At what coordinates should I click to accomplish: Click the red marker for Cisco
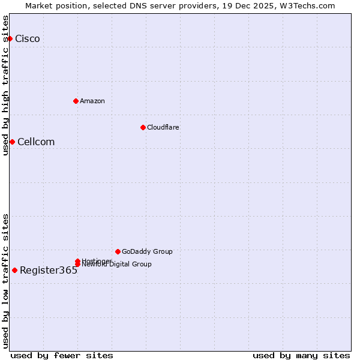click(x=10, y=38)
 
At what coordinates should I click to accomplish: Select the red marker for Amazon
click(x=76, y=101)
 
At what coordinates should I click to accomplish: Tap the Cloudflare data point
click(x=143, y=127)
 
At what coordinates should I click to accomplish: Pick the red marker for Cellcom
click(x=12, y=142)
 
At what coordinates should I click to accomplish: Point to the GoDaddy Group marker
click(x=118, y=251)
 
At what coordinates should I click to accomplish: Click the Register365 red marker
click(x=14, y=270)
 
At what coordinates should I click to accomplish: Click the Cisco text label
click(x=28, y=39)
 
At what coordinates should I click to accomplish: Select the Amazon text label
click(x=92, y=101)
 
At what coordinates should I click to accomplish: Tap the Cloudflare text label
click(x=163, y=127)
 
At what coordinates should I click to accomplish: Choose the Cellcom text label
click(x=36, y=142)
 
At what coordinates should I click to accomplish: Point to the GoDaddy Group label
click(x=147, y=251)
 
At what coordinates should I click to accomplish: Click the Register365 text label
click(x=49, y=270)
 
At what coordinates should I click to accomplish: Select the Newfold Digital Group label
click(x=118, y=265)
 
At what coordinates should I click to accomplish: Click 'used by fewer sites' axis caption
click(x=62, y=355)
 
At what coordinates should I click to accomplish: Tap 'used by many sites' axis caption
click(x=301, y=355)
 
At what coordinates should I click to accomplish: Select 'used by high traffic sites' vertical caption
click(x=5, y=85)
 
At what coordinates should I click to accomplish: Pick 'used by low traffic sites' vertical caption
click(x=5, y=281)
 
